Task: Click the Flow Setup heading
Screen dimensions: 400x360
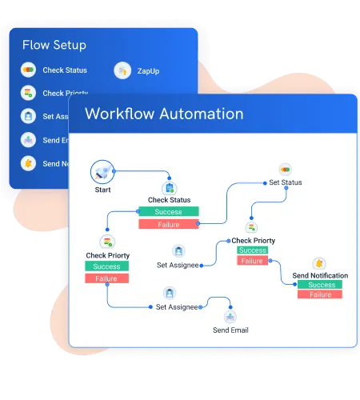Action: point(54,45)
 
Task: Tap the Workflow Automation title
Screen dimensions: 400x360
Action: point(164,114)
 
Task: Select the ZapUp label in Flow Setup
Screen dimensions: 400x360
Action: point(148,71)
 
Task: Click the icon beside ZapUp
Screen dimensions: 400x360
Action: point(122,71)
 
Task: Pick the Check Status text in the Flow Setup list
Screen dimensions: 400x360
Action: point(65,70)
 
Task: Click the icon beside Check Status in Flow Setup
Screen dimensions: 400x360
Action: point(29,70)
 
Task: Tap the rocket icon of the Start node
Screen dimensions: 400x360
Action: point(102,170)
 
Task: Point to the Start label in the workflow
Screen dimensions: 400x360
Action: point(102,190)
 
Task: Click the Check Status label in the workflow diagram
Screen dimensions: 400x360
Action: point(170,200)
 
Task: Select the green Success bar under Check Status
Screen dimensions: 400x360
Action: point(170,212)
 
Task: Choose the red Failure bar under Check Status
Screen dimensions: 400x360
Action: point(170,224)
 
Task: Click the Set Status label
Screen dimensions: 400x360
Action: point(286,182)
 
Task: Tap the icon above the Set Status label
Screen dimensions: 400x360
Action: point(286,170)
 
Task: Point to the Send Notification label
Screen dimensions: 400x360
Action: point(320,276)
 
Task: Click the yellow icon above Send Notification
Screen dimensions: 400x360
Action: point(319,263)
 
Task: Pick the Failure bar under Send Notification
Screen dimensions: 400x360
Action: point(320,294)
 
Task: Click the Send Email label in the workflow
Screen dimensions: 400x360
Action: point(230,330)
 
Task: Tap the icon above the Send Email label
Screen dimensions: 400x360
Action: point(230,317)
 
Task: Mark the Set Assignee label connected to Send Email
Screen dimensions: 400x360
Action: point(177,306)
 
